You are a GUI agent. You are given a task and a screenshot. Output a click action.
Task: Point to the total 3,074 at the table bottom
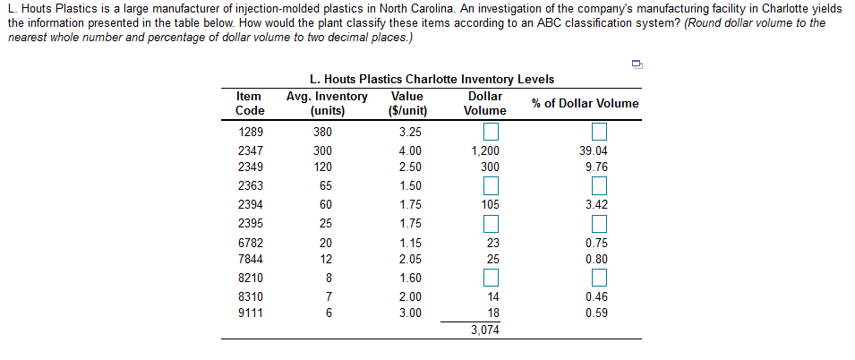[485, 330]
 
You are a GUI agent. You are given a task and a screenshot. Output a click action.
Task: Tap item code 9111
[250, 313]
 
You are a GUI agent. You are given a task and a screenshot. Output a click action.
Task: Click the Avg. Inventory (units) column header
[327, 104]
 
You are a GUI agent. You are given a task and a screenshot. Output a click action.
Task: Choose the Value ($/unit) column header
[407, 104]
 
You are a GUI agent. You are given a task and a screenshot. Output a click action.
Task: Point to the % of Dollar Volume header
[585, 104]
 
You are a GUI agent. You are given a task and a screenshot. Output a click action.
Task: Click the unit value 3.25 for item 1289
[409, 133]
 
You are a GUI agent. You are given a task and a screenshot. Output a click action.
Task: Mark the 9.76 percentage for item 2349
[595, 167]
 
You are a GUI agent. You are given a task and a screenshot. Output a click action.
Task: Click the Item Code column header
[250, 104]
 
